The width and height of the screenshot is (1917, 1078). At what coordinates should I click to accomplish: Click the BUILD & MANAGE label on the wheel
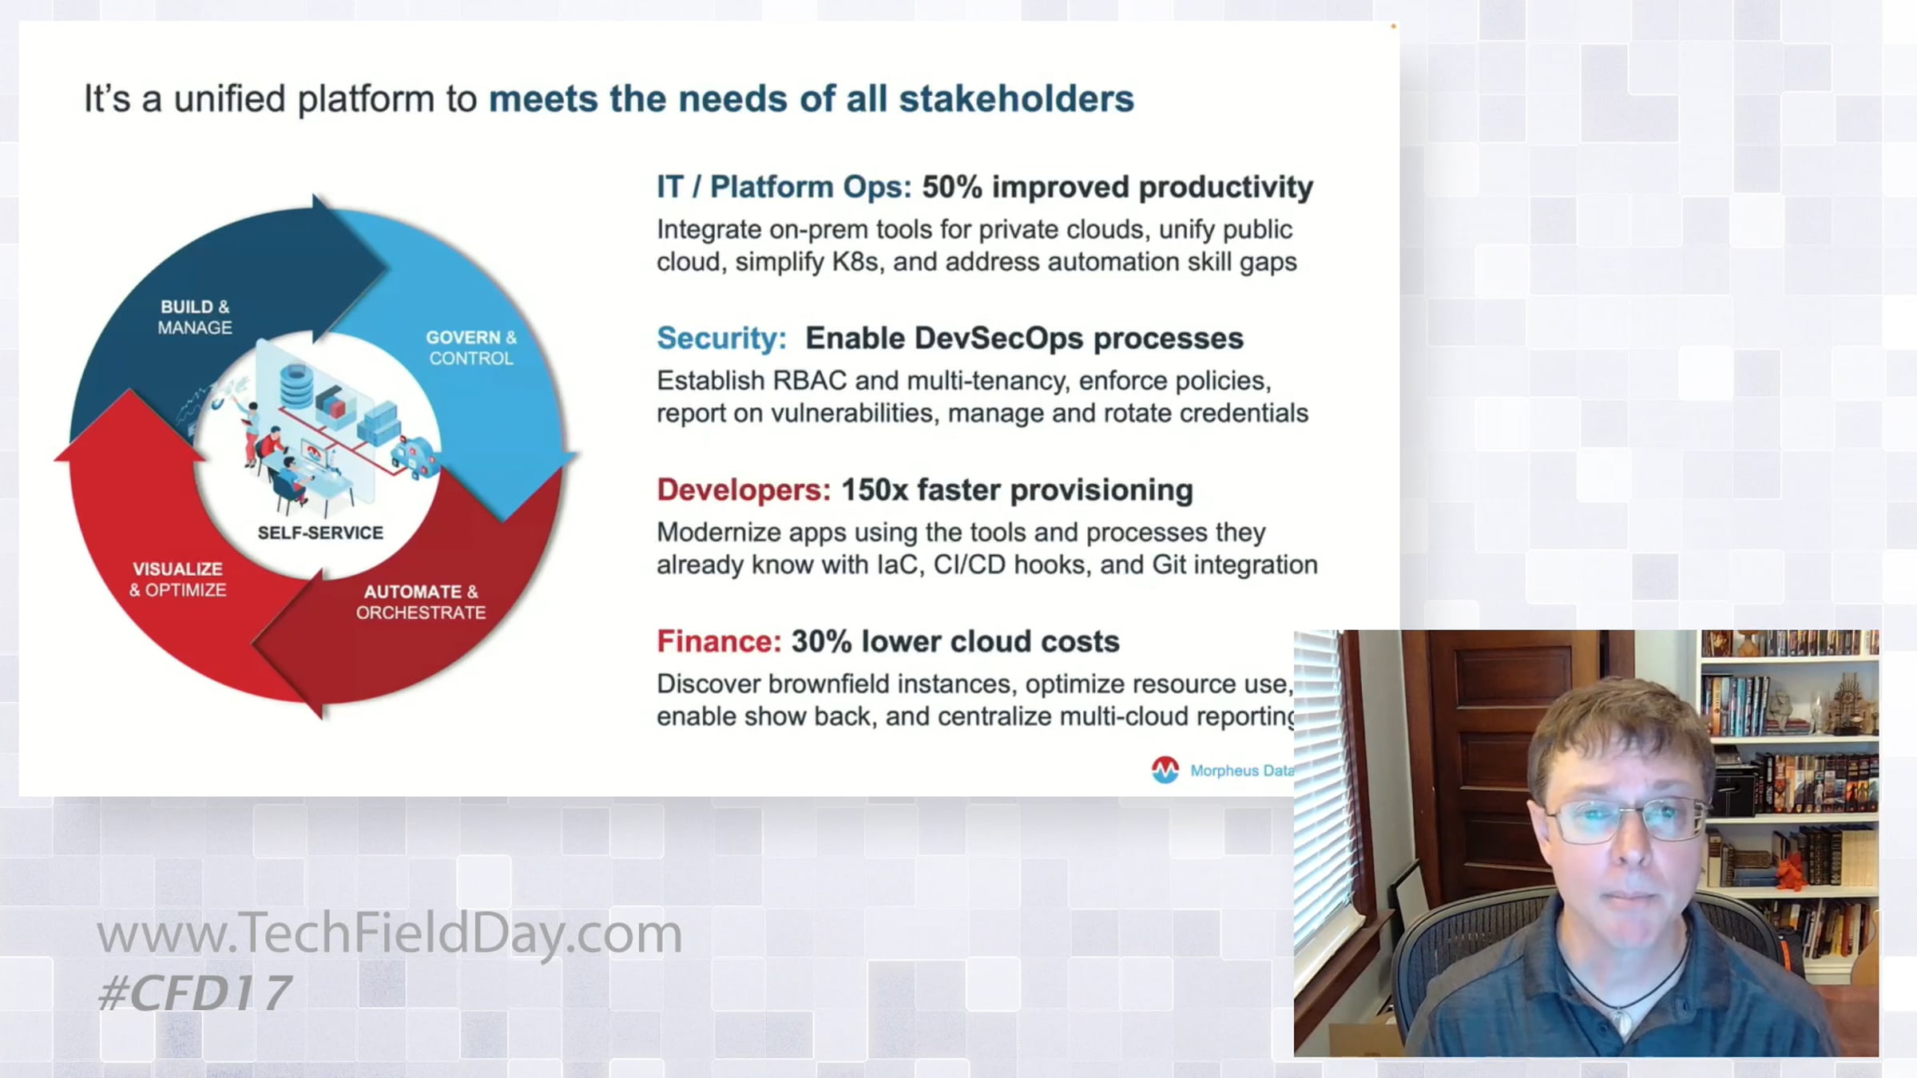coord(195,317)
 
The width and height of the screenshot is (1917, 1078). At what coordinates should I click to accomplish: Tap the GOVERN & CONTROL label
coord(471,347)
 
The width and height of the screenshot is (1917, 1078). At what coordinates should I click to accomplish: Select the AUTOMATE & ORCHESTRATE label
coord(421,602)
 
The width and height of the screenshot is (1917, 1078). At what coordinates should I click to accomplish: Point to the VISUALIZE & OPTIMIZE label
coord(177,579)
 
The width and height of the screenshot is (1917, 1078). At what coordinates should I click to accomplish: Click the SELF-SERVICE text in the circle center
coord(320,533)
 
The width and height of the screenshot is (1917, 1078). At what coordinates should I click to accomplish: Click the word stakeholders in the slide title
coord(1016,99)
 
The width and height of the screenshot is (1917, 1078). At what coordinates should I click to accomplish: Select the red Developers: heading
coord(744,489)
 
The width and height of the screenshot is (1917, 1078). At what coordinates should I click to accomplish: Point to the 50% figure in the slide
coord(952,187)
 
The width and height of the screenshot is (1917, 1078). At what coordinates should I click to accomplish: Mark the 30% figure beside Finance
coord(822,641)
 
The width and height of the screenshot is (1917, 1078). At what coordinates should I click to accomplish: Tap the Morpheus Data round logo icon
coord(1165,770)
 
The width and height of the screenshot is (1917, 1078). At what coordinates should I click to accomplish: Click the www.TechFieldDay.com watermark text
coord(390,933)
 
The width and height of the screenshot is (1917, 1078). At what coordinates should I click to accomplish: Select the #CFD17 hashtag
coord(194,993)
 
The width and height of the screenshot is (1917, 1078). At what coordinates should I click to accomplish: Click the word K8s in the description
coord(855,262)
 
